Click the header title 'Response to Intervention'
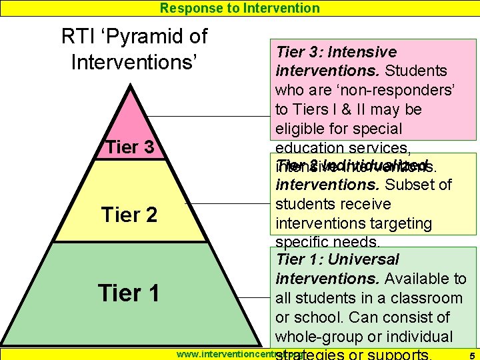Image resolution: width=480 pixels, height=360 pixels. [240, 8]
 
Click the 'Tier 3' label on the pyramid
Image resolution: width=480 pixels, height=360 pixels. [131, 147]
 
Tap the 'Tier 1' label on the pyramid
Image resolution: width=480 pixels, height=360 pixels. [128, 293]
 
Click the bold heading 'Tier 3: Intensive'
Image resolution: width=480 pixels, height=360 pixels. [337, 52]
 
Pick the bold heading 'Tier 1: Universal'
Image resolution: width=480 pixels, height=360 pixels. [337, 259]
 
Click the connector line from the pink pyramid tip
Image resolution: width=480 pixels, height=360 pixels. [213, 117]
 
